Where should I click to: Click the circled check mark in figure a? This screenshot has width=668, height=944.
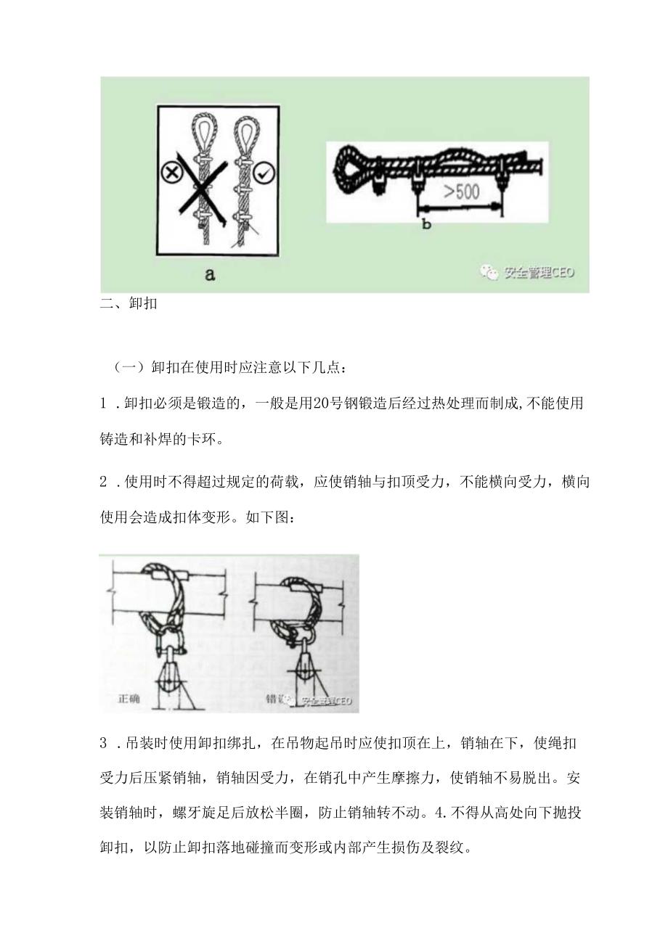tap(263, 173)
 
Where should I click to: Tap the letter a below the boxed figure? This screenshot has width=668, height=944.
tap(210, 275)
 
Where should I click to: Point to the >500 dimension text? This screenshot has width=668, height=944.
tap(458, 193)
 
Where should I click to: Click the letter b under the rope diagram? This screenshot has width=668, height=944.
tap(426, 224)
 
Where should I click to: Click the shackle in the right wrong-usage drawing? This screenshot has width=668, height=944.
tap(298, 639)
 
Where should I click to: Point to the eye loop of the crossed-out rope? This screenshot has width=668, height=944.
tap(201, 131)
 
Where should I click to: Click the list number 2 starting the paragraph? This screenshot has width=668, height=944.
tap(104, 484)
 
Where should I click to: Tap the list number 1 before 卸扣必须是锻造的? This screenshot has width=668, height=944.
tap(104, 403)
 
